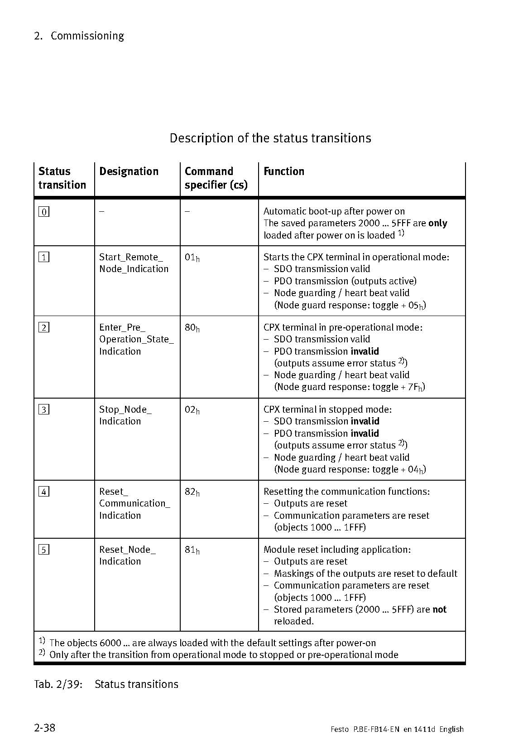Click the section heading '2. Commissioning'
pos(79,36)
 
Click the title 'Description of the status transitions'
pos(270,138)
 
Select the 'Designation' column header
pos(129,171)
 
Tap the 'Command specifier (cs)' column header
pos(216,178)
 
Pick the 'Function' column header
pos(284,171)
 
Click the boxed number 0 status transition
pos(44,212)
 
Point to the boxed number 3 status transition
pos(44,410)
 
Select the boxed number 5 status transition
pos(44,550)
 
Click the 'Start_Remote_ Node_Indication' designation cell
pos(134,263)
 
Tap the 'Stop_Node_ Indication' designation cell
pos(125,415)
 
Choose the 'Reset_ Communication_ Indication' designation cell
pos(134,503)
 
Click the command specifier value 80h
pos(192,328)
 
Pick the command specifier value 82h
pos(192,492)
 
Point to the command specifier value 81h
pos(192,550)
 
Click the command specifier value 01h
pos(192,258)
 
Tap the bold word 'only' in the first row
pos(437,224)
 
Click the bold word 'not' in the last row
pos(439,609)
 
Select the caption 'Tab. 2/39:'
pos(58,684)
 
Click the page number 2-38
pos(44,728)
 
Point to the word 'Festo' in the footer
pos(340,730)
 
